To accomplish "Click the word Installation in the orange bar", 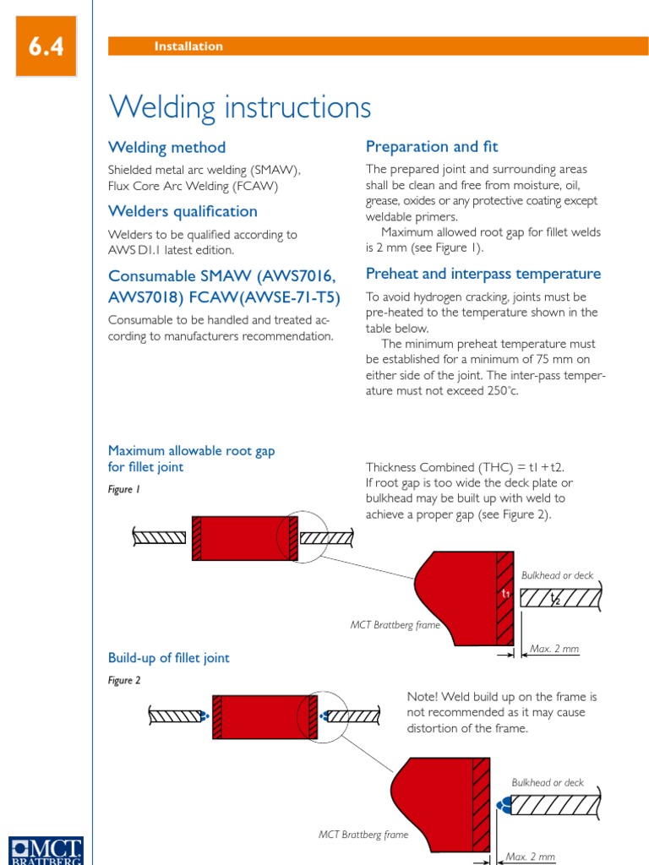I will tap(188, 46).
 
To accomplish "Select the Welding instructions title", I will tap(240, 107).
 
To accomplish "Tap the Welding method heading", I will tap(166, 147).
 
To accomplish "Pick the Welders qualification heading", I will tap(183, 211).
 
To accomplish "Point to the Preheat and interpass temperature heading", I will tap(483, 274).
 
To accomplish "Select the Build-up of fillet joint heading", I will tap(168, 658).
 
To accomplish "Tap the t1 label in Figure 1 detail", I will tap(505, 594).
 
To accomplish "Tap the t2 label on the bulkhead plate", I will tap(555, 599).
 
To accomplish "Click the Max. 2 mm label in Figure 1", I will tap(554, 649).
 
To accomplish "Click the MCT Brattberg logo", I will tap(46, 849).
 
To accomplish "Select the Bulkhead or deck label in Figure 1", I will tap(557, 575).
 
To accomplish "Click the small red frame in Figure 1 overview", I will tap(245, 537).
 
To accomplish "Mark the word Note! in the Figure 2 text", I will tap(423, 697).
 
